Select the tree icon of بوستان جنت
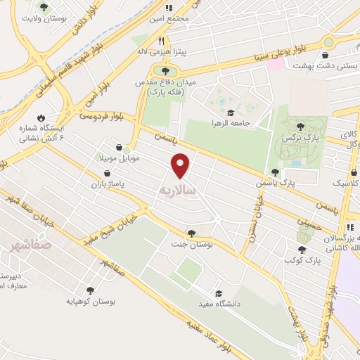click(191, 233)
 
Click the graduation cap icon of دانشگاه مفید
click(218, 293)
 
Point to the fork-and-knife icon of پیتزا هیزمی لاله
click(162, 41)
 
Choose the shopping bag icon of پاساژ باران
click(107, 172)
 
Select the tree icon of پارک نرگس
click(301, 127)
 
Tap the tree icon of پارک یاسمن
click(274, 172)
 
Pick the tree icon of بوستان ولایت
click(44, 7)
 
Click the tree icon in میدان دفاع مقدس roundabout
click(165, 70)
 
